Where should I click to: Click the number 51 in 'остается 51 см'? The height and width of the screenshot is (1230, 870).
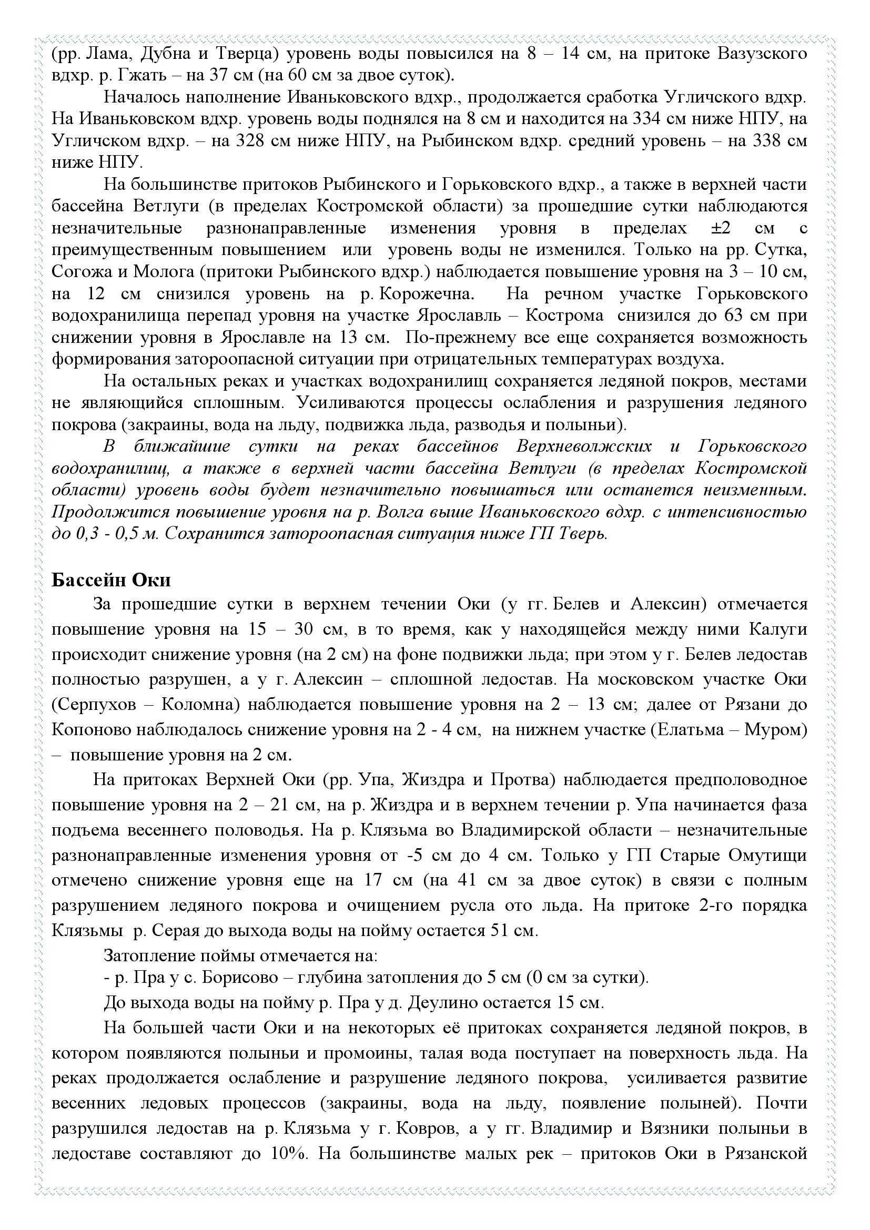[500, 931]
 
